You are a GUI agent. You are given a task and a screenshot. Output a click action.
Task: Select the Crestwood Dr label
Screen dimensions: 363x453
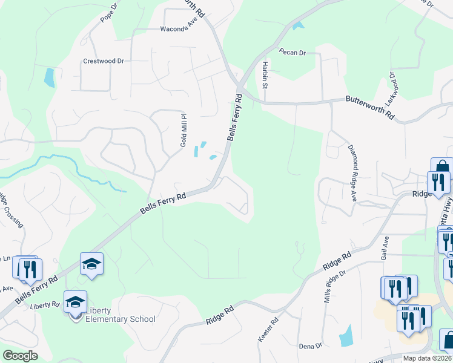(103, 61)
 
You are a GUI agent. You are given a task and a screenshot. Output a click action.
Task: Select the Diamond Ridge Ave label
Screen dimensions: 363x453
(351, 172)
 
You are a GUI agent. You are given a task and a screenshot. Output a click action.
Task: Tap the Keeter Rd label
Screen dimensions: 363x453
(268, 329)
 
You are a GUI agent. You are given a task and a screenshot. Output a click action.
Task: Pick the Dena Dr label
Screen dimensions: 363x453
(310, 345)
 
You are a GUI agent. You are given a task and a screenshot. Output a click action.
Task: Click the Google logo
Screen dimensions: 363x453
(20, 356)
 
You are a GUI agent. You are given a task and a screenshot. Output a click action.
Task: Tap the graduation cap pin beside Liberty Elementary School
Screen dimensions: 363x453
(76, 304)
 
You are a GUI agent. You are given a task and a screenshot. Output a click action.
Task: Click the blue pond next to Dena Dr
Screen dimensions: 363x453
(346, 335)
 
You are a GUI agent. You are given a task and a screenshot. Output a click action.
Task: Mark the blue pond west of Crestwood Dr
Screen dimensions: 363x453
(49, 77)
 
